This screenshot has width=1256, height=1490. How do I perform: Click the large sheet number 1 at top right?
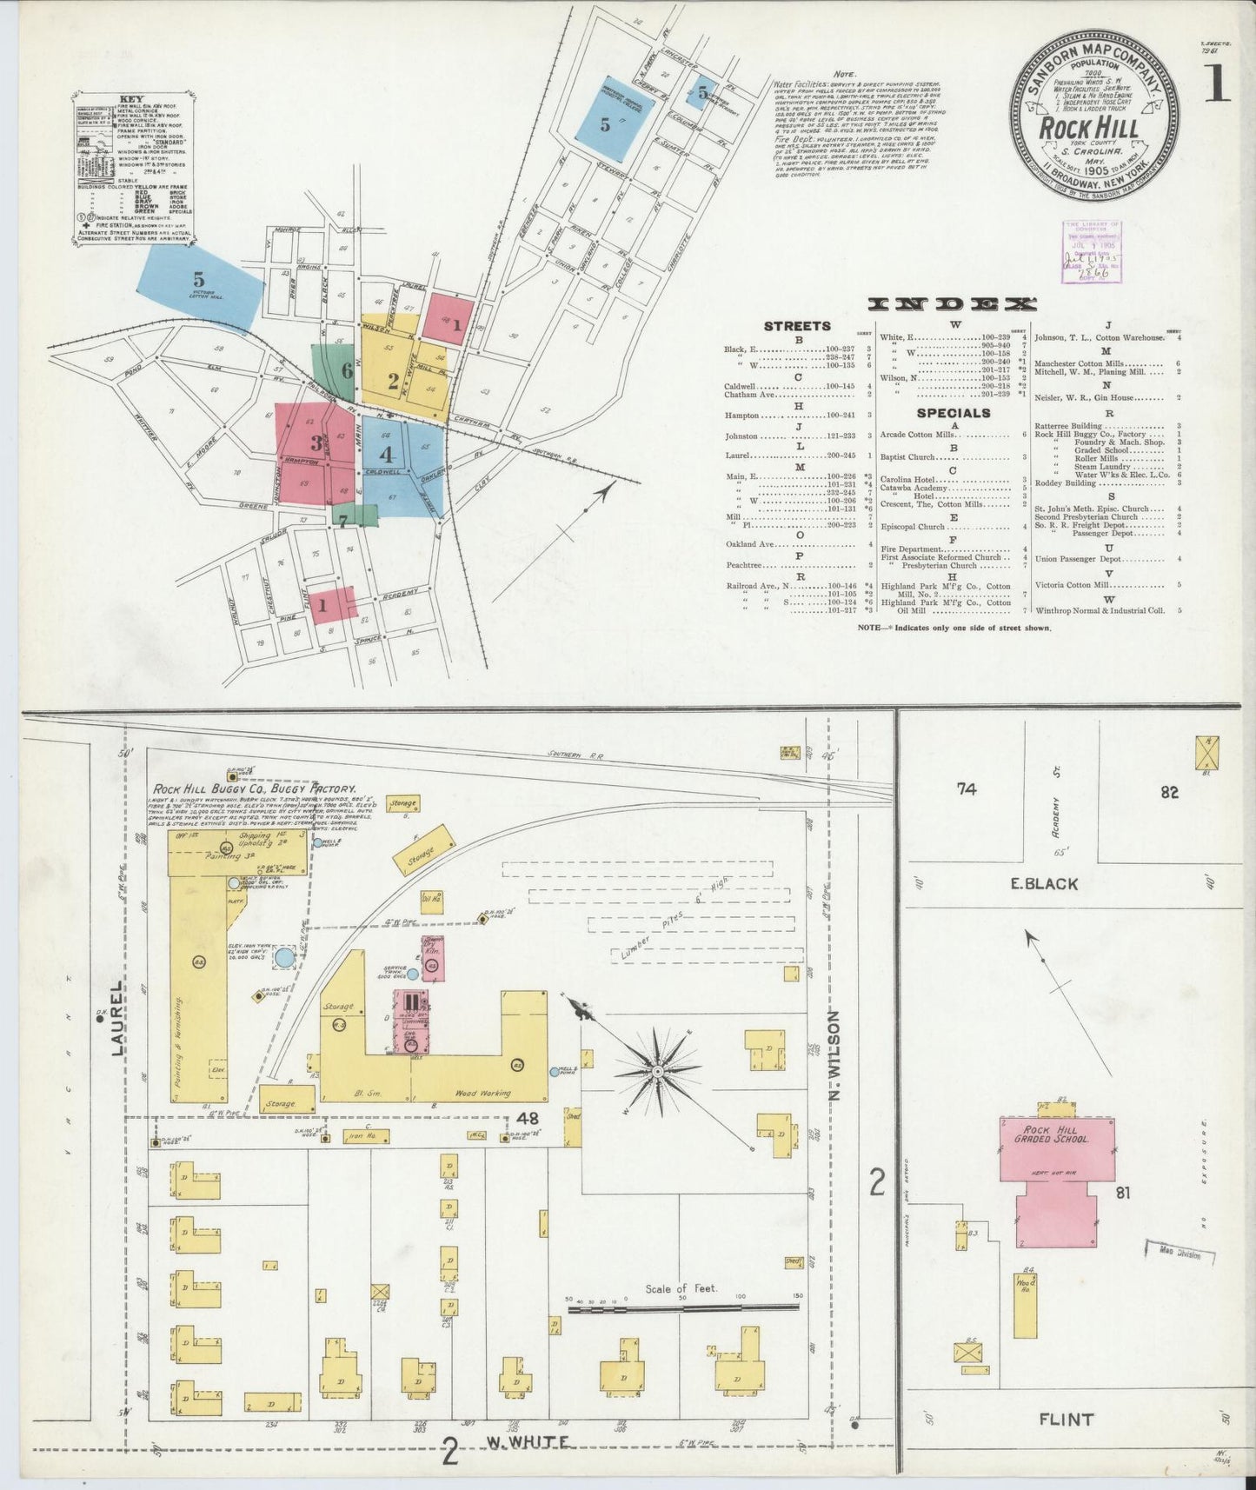(1217, 84)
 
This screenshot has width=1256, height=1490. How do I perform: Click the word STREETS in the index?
(797, 326)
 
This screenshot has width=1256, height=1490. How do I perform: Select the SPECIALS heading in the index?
(954, 413)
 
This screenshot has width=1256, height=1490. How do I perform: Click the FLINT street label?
(1066, 1420)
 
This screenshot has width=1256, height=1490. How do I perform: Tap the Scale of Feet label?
(681, 1288)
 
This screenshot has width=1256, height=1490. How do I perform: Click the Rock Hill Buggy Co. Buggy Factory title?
(255, 788)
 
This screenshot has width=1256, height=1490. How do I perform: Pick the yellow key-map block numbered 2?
(393, 379)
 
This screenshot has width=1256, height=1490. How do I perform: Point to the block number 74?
(967, 788)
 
